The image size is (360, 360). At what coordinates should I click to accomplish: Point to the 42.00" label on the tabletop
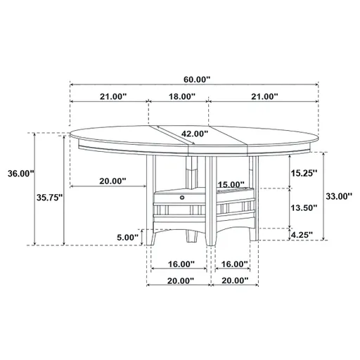point(194,133)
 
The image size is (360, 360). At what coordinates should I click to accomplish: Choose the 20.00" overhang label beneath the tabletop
point(112,181)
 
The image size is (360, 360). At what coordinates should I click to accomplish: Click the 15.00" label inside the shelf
point(231,185)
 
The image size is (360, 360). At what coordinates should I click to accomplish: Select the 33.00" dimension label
point(336,198)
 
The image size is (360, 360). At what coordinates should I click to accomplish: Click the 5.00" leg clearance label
point(127,237)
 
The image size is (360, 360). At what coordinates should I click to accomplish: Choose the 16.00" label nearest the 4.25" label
point(235,264)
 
